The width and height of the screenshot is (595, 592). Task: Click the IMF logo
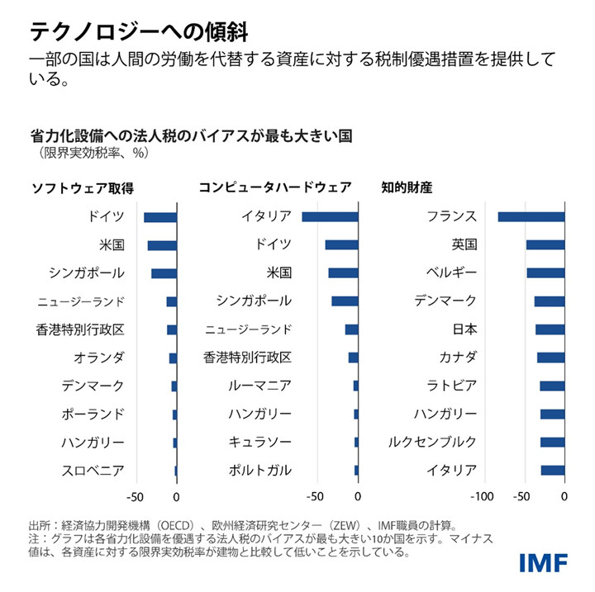tap(543, 562)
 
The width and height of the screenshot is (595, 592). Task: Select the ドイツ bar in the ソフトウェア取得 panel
tap(160, 217)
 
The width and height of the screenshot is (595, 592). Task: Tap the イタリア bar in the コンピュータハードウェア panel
tap(331, 217)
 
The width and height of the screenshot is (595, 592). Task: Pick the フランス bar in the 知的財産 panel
tap(531, 217)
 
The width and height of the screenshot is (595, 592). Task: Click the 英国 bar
tap(545, 245)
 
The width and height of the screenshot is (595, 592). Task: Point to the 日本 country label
tap(464, 329)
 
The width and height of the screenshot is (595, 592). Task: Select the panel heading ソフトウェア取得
tap(82, 187)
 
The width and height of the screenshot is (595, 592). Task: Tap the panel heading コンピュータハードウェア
tap(275, 187)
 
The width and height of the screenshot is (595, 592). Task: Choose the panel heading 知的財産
tap(407, 187)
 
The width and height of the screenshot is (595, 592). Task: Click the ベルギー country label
tap(451, 273)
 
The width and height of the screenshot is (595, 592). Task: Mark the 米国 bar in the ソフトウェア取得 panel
tap(162, 245)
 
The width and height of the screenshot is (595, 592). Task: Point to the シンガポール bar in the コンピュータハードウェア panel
tap(345, 301)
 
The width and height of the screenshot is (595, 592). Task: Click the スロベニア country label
tap(93, 471)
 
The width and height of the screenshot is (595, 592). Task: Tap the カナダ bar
tap(551, 358)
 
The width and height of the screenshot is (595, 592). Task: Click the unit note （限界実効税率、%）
tap(90, 153)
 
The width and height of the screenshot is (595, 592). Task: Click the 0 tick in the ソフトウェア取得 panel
tap(176, 498)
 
